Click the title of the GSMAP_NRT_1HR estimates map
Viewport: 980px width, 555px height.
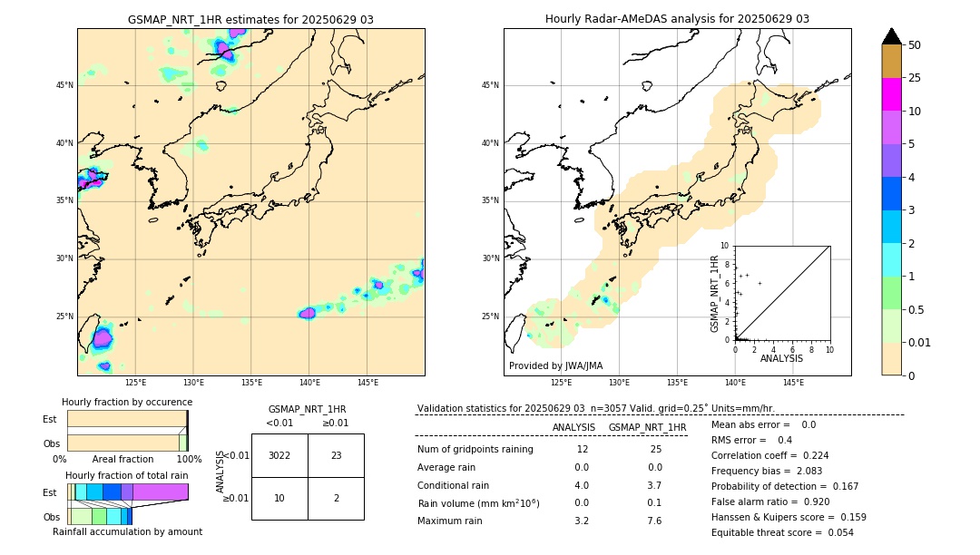pos(250,19)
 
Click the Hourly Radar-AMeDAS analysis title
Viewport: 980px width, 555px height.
pos(677,19)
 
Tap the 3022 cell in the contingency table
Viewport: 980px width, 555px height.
pos(279,455)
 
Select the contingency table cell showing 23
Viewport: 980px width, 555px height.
pos(336,455)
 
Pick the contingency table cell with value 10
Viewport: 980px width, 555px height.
pos(279,498)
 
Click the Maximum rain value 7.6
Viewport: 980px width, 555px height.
pos(655,521)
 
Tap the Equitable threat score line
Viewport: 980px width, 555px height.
pos(782,532)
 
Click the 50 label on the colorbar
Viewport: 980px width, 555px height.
pos(915,44)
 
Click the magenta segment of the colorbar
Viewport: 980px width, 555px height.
pos(892,94)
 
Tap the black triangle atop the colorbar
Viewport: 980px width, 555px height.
pos(892,36)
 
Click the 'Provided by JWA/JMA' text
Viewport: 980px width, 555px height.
pos(555,366)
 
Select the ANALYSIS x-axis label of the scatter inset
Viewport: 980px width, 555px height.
pos(781,358)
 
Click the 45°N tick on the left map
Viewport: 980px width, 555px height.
pos(64,85)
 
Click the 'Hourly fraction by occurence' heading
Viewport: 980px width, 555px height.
pos(127,402)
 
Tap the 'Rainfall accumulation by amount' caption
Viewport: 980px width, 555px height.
pos(127,532)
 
